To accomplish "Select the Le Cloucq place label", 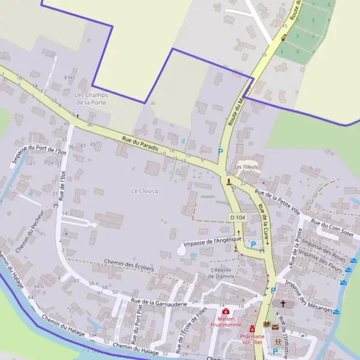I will click(x=145, y=190).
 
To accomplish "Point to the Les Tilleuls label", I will click(x=246, y=167).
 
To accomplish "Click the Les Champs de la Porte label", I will click(x=89, y=99).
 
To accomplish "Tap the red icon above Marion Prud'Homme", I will click(x=226, y=312).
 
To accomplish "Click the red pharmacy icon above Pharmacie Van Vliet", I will click(x=253, y=328).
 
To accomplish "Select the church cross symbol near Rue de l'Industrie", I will click(x=283, y=304).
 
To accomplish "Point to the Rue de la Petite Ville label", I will click(x=277, y=203).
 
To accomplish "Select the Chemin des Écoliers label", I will click(x=129, y=265).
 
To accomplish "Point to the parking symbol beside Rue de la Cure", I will click(x=253, y=244).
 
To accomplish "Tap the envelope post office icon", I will click(x=275, y=327).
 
